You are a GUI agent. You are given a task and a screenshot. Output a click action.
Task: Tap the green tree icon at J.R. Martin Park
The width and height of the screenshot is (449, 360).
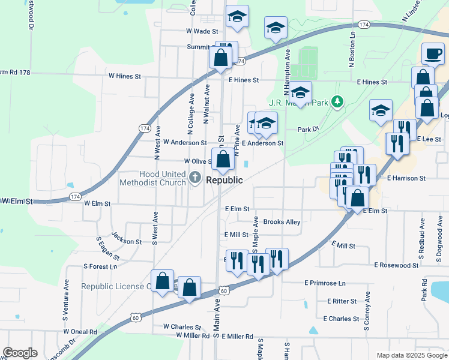338,102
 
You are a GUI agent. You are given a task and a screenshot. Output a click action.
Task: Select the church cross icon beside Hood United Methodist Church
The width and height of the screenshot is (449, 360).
195,178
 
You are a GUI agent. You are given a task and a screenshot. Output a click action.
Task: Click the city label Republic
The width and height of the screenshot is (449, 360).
224,180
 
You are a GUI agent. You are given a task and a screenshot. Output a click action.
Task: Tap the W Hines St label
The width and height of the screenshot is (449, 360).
124,77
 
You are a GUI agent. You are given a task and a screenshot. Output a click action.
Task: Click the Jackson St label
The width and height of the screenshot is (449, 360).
126,242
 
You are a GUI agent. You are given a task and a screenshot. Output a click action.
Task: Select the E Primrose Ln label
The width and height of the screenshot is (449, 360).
325,283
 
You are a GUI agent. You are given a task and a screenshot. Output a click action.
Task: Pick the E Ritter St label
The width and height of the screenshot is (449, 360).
342,301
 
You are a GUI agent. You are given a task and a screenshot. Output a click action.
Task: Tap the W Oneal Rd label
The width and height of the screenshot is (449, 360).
80,332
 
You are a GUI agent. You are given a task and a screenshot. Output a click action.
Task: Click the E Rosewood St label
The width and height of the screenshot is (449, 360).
396,265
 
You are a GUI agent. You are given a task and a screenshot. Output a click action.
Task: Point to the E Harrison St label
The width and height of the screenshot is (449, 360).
406,178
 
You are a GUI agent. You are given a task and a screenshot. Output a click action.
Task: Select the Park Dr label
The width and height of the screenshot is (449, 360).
307,129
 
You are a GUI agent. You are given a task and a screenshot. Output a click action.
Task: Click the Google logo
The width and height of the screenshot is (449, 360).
20,353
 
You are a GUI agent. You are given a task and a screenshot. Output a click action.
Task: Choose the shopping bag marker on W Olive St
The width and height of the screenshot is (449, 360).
223,160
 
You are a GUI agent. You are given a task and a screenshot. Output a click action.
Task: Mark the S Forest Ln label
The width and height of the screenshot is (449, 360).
100,266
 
